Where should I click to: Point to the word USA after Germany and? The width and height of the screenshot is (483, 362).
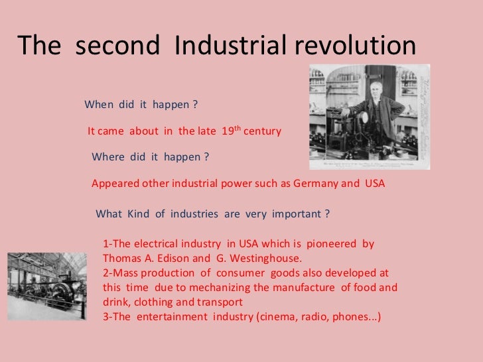click(374, 183)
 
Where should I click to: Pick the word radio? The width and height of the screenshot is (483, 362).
click(314, 317)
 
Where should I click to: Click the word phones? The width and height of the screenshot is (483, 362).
click(352, 317)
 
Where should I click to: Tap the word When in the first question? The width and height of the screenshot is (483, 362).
click(98, 105)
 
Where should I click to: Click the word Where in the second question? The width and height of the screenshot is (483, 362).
click(107, 157)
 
